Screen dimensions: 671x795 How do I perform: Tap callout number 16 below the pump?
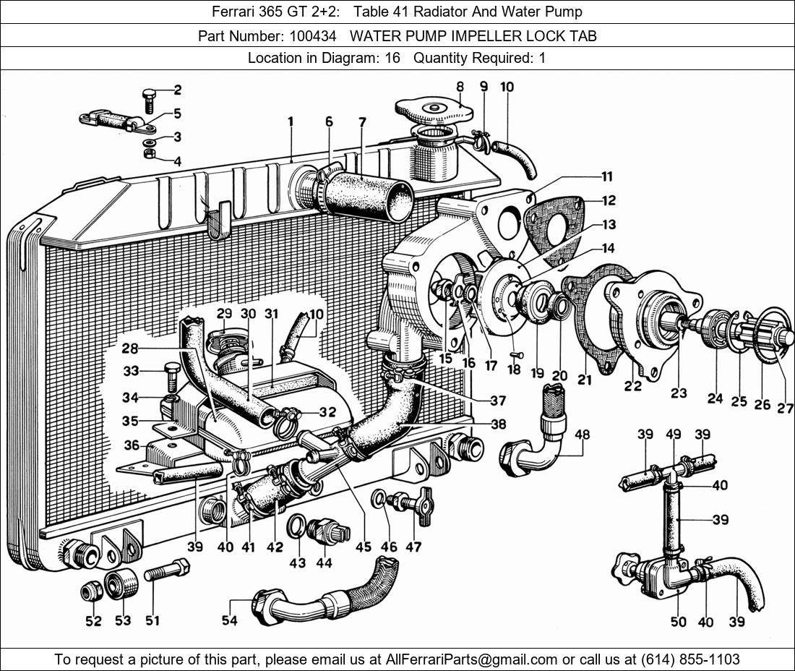(x=469, y=363)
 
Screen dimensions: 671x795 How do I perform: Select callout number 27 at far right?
(x=785, y=408)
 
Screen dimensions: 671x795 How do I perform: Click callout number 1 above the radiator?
(x=291, y=121)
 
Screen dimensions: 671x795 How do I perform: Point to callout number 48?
(x=583, y=434)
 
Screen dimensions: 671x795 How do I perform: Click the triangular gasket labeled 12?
(x=554, y=224)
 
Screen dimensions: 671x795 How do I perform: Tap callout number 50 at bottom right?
(x=678, y=621)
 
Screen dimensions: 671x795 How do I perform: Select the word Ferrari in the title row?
(x=235, y=12)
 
